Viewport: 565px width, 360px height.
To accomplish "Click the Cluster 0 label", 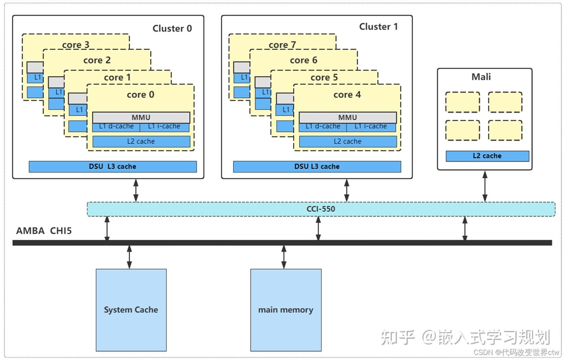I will click(172, 28).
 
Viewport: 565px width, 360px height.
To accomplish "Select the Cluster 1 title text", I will click(378, 27).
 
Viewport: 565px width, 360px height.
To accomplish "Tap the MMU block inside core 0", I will click(141, 117).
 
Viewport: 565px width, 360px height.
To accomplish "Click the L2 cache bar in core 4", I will click(348, 142).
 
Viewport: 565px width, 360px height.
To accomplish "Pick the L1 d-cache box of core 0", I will click(116, 127).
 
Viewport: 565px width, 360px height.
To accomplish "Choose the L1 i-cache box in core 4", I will click(371, 127).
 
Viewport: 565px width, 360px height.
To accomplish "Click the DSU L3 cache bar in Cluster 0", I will click(113, 167).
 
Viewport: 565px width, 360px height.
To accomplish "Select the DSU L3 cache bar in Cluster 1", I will click(317, 167).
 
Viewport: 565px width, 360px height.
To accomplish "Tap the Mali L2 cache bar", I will click(487, 156).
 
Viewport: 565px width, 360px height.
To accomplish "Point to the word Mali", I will click(481, 77).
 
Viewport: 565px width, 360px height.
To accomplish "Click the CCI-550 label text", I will click(321, 209).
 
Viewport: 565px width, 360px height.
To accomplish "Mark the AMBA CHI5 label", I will click(44, 231).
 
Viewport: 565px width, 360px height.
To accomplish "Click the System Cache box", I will click(131, 310).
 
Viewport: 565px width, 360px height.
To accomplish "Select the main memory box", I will click(286, 310).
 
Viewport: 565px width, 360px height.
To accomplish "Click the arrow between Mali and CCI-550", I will click(485, 186).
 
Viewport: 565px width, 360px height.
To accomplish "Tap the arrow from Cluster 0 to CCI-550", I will click(136, 190).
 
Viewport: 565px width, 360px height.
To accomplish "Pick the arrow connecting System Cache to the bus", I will click(129, 257).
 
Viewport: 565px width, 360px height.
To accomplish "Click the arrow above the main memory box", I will click(284, 257).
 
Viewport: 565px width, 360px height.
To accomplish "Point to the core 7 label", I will click(282, 45).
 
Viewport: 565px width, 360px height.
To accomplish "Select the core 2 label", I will click(97, 60).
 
